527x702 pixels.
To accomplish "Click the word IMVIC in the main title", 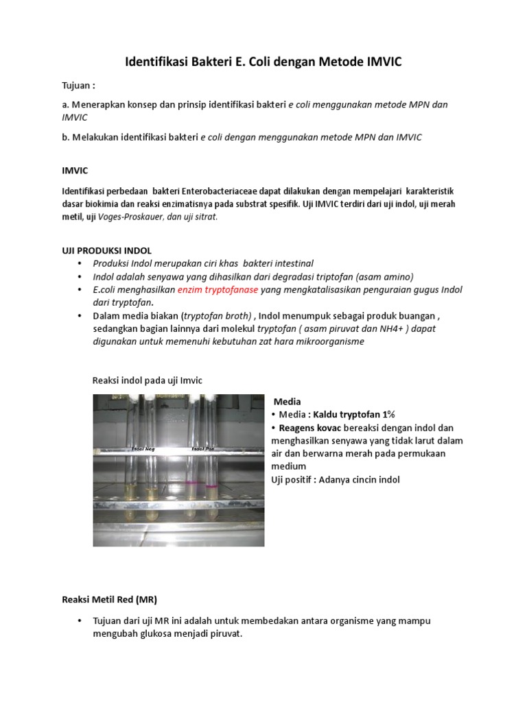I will pyautogui.click(x=380, y=62).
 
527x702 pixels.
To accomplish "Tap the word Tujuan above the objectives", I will pyautogui.click(x=75, y=86).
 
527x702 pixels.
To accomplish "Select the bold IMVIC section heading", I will pyautogui.click(x=75, y=170).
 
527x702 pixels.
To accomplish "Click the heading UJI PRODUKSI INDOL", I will pyautogui.click(x=107, y=251).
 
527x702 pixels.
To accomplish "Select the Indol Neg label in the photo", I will pyautogui.click(x=143, y=448).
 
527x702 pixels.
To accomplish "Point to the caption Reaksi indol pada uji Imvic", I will pyautogui.click(x=148, y=380).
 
